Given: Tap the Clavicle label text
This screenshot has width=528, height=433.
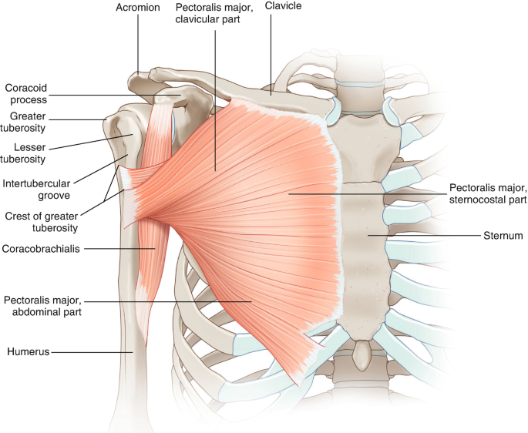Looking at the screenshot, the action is [x=283, y=7].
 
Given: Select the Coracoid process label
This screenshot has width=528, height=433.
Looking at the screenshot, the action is [x=26, y=94].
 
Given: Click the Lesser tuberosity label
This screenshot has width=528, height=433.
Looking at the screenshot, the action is [x=23, y=153].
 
